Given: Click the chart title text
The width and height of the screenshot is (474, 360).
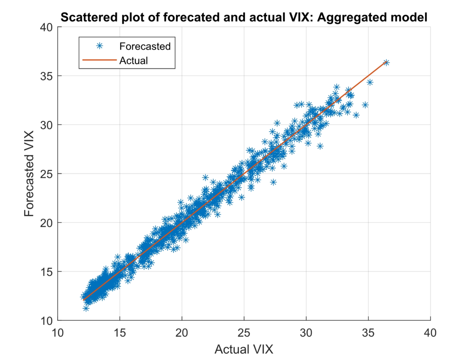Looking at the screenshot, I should (x=244, y=17).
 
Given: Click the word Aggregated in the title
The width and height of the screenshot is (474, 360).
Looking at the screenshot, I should (x=359, y=17).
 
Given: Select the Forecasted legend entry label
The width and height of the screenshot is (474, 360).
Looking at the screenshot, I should (x=145, y=46).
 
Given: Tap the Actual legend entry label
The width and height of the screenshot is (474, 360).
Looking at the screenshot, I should (x=134, y=60).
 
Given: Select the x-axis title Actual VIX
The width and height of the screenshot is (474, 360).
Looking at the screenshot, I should (x=244, y=349).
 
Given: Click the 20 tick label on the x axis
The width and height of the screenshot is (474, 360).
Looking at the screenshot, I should (x=182, y=333).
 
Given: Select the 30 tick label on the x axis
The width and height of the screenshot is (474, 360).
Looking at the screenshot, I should (x=306, y=333).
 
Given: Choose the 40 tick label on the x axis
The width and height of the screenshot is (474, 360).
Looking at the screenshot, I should (x=430, y=333).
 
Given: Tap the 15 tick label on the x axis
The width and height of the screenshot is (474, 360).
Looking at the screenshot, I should (x=120, y=333).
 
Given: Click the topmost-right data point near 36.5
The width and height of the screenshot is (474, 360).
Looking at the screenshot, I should (x=386, y=62).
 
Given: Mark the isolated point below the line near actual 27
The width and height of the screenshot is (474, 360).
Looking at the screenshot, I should (x=273, y=182).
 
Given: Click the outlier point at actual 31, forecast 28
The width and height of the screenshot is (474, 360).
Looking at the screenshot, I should (x=320, y=146).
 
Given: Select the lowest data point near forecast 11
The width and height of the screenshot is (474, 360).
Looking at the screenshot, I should (x=86, y=308).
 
